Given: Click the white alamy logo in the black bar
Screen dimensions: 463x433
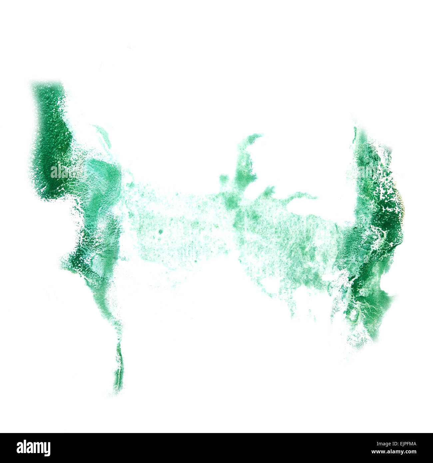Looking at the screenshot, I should (x=33, y=448).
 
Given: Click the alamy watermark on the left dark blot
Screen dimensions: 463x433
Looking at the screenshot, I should (x=67, y=171).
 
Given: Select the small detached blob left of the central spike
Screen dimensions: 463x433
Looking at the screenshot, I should (x=223, y=178).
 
